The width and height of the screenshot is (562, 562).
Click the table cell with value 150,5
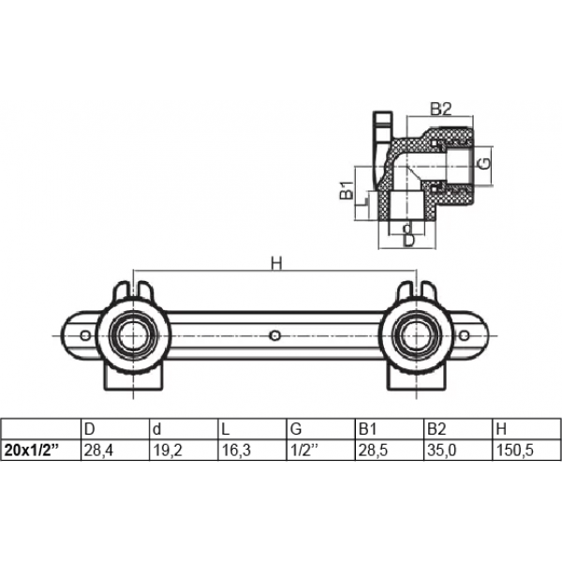point(514,451)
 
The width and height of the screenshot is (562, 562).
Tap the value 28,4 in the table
point(98,451)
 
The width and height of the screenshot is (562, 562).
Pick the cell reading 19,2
point(168,451)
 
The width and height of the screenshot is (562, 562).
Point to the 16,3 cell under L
point(237,451)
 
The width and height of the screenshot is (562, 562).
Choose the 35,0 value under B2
point(442,451)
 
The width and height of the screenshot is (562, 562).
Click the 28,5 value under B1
point(373,451)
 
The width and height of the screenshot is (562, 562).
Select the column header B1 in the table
point(367,429)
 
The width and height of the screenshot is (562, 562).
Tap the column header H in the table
point(502,429)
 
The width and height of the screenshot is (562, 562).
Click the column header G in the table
point(296,429)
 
